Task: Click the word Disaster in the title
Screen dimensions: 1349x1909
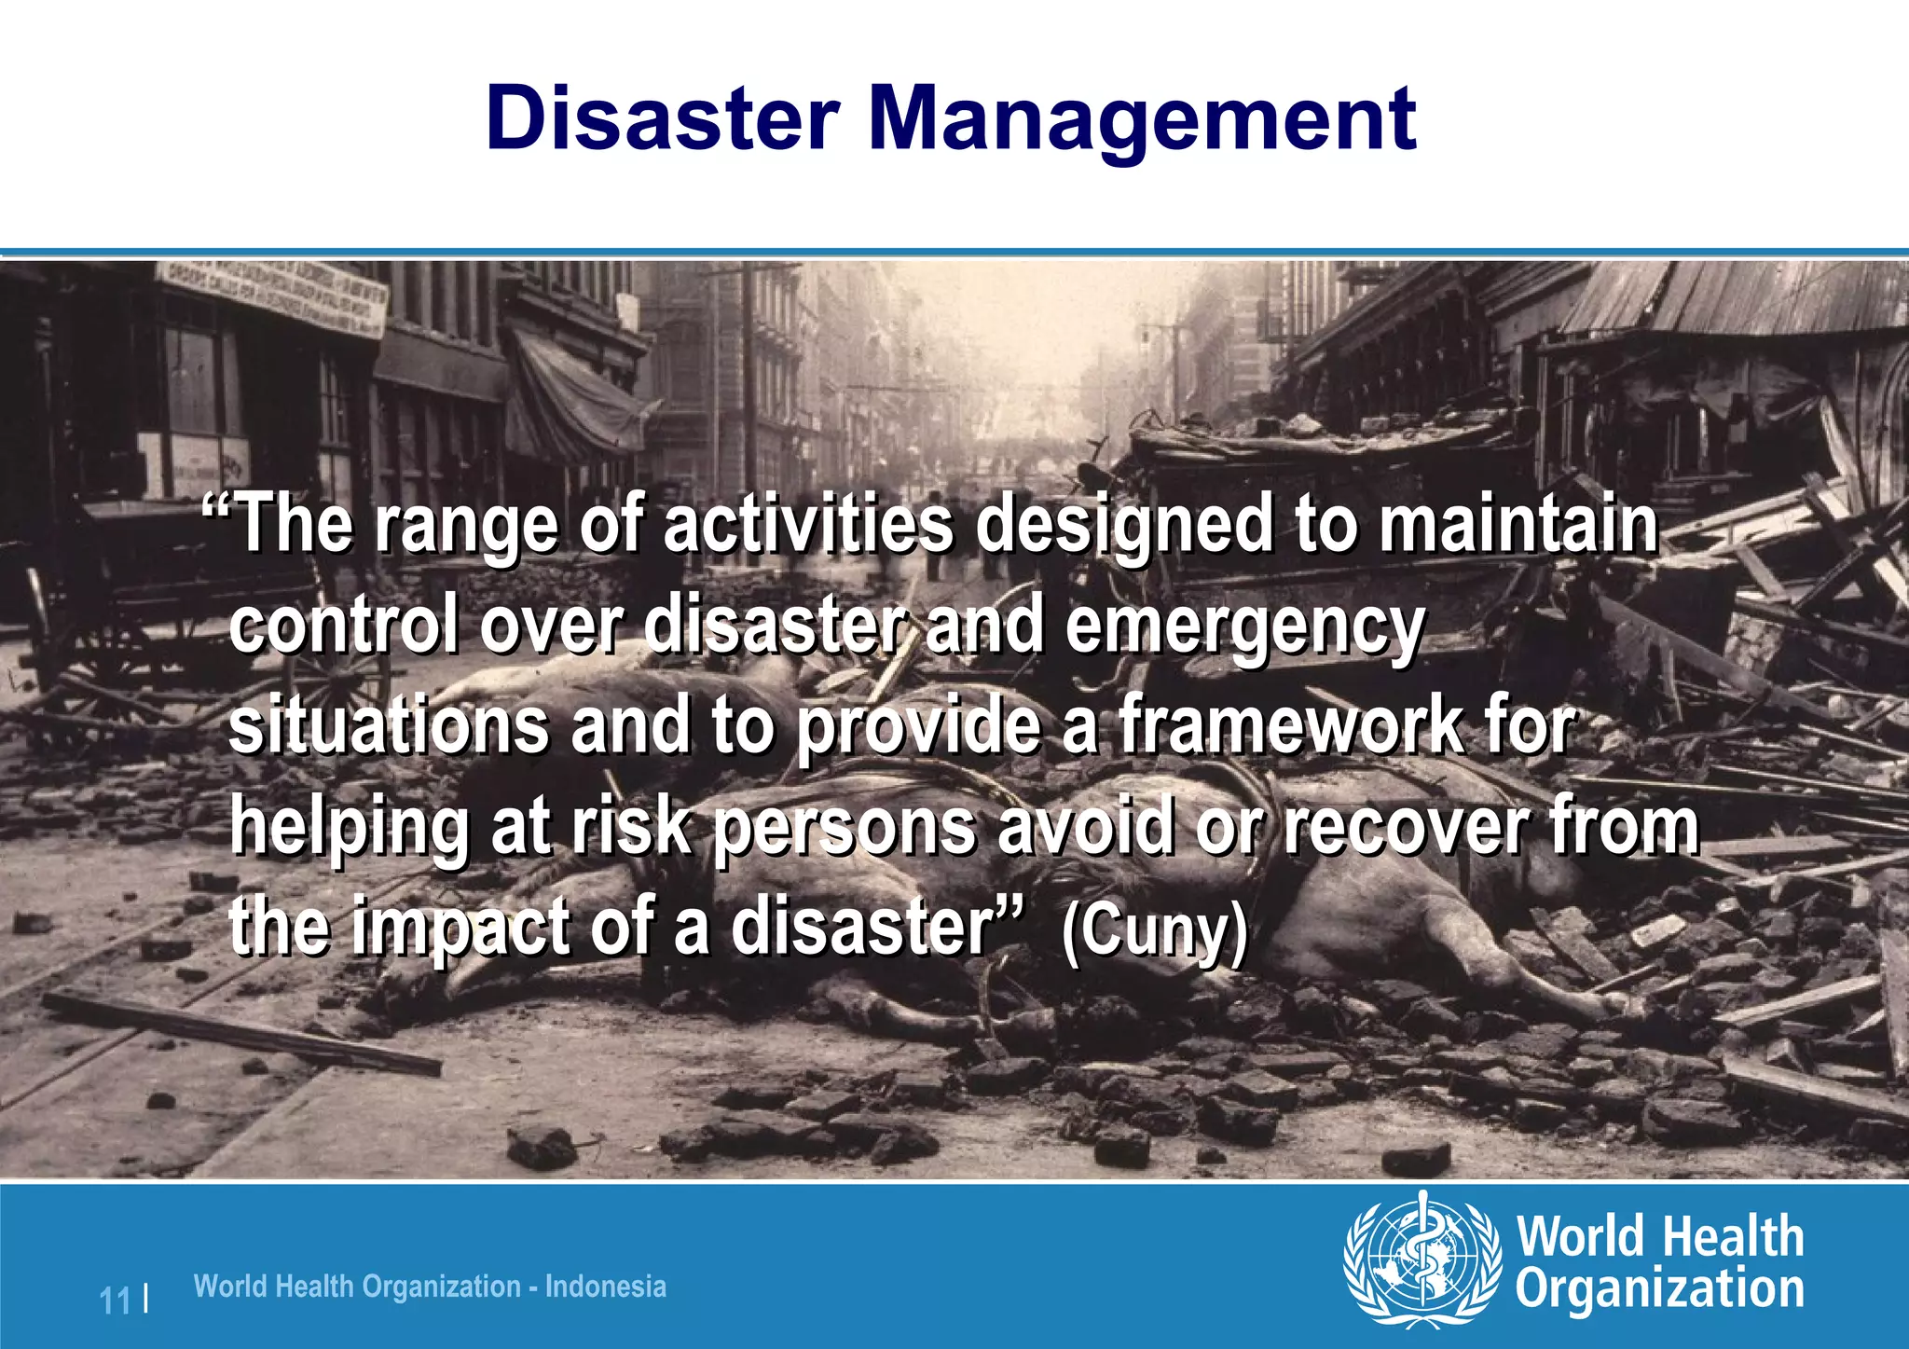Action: [x=662, y=118]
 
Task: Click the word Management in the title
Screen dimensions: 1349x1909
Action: [x=1142, y=118]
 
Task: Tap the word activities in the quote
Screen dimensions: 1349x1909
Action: [x=808, y=525]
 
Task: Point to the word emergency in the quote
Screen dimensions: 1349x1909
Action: [x=1244, y=627]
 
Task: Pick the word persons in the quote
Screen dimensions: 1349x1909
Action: [x=845, y=829]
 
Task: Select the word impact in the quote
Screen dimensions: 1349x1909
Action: [x=461, y=929]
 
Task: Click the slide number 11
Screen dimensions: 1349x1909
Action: [x=116, y=1300]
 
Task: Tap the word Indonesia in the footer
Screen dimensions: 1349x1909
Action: [x=606, y=1287]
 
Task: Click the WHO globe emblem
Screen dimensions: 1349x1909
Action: [x=1421, y=1260]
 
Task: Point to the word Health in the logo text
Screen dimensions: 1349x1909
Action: [x=1733, y=1237]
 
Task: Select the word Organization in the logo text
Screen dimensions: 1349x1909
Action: [x=1659, y=1289]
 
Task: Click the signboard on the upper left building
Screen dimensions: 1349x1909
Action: [x=270, y=296]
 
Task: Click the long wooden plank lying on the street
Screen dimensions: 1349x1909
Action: [x=242, y=1033]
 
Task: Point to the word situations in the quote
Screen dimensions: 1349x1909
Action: [x=389, y=726]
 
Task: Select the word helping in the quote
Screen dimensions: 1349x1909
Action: [x=350, y=829]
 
